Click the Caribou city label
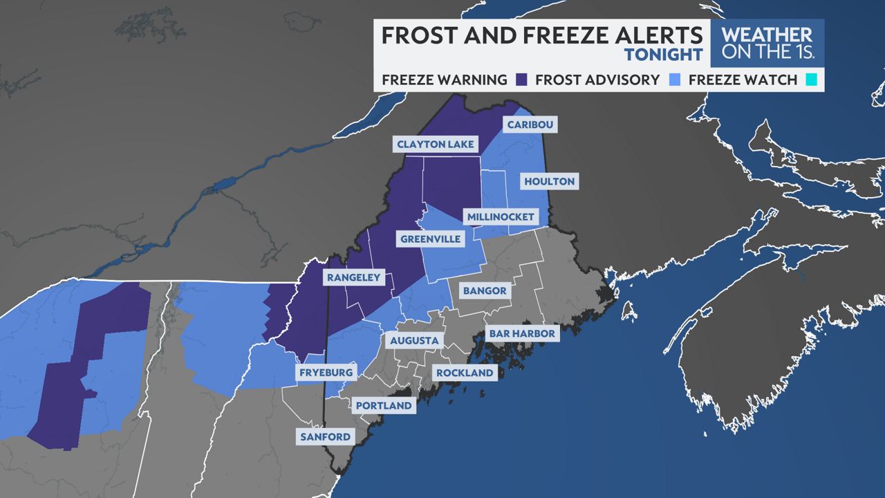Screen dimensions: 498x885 pyautogui.click(x=531, y=124)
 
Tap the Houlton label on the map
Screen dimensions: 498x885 pyautogui.click(x=549, y=181)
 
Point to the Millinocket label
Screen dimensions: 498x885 pyautogui.click(x=501, y=217)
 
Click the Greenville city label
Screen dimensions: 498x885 pyautogui.click(x=430, y=239)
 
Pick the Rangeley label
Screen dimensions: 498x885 pyautogui.click(x=353, y=277)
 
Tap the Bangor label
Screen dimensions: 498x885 pyautogui.click(x=485, y=290)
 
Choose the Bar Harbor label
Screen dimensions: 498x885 pyautogui.click(x=522, y=333)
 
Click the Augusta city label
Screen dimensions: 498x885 pyautogui.click(x=414, y=340)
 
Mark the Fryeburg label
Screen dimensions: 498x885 pyautogui.click(x=326, y=373)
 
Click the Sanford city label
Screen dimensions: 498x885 pyautogui.click(x=325, y=437)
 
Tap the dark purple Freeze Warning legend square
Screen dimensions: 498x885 pyautogui.click(x=521, y=80)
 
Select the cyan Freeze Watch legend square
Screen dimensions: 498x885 pyautogui.click(x=810, y=80)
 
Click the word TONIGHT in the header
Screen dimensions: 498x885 pyautogui.click(x=664, y=54)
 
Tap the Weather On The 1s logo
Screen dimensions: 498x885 pyautogui.click(x=767, y=43)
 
